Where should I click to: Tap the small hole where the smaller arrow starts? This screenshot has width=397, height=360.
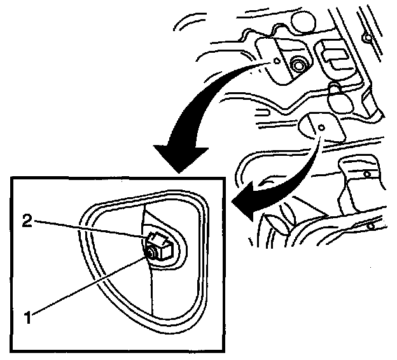pos(322,127)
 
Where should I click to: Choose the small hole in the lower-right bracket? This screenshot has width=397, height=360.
pos(367,174)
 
